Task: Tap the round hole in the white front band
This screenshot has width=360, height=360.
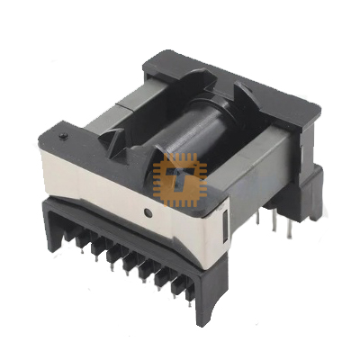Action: pyautogui.click(x=147, y=213)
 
